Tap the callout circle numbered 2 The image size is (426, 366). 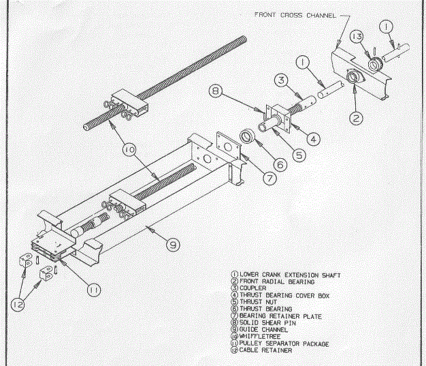(355, 118)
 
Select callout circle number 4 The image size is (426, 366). (312, 139)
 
